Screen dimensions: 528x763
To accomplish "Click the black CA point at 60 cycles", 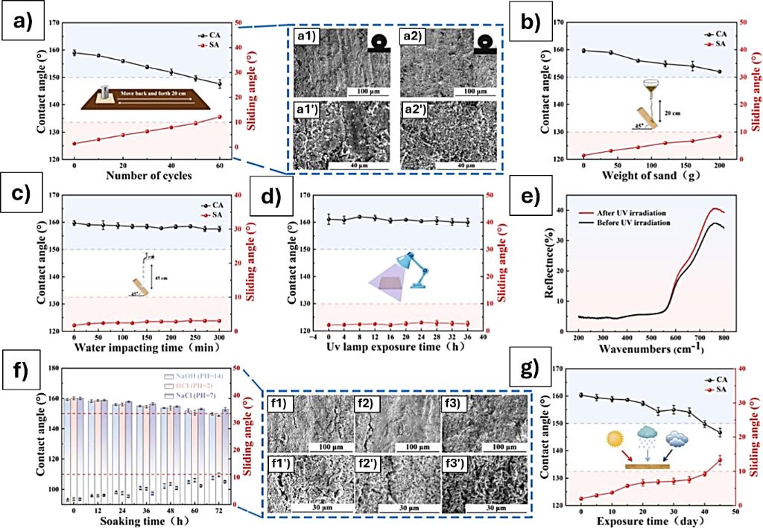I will click(220, 84).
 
